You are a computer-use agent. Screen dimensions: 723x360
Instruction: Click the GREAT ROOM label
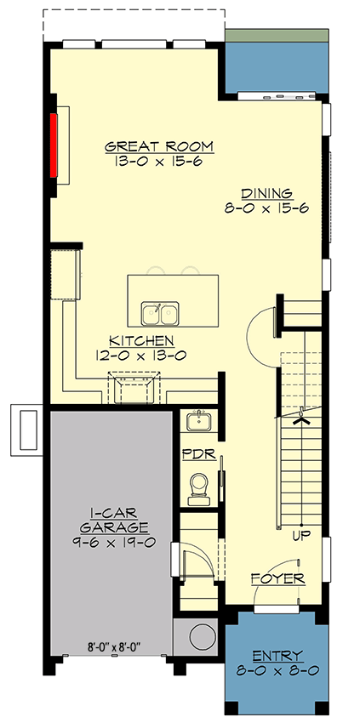[x=159, y=146]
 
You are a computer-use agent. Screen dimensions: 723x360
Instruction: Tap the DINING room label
[x=266, y=193]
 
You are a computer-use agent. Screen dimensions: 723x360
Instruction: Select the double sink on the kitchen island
[x=159, y=313]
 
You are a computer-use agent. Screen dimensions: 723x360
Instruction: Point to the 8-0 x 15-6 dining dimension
[x=266, y=208]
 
